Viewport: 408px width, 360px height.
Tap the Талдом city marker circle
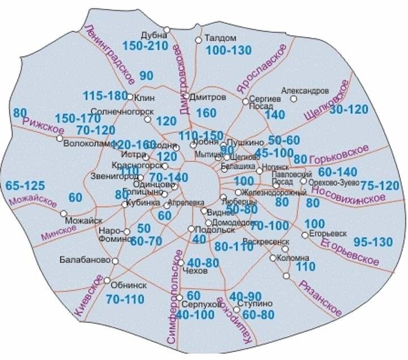198,40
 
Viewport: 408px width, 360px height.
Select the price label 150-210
145,46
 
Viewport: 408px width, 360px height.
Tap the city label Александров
305,91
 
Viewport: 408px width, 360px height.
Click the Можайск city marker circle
63,213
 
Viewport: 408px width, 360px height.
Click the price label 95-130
373,242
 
